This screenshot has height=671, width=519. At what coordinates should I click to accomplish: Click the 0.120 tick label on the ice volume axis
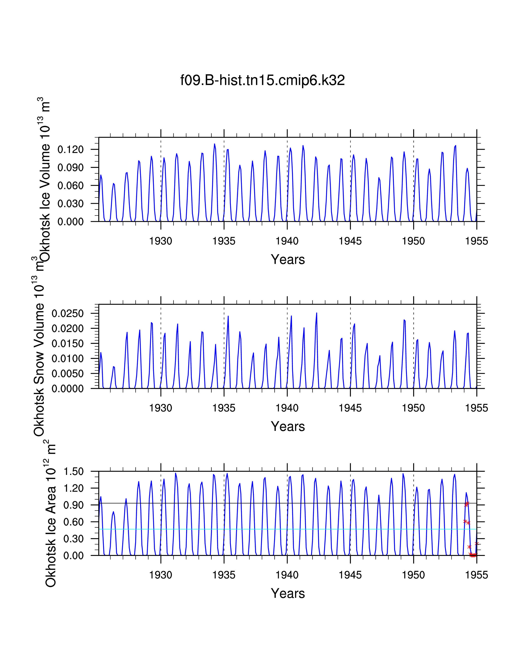click(x=70, y=150)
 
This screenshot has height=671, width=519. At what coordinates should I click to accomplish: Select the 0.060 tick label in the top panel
click(x=70, y=186)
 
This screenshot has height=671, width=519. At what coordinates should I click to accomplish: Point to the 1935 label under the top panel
click(x=224, y=241)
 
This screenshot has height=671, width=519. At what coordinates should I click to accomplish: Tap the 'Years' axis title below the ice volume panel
click(x=288, y=260)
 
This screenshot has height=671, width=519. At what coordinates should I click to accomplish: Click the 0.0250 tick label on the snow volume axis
click(x=68, y=314)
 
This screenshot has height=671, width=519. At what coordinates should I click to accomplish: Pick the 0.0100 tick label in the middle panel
click(x=68, y=358)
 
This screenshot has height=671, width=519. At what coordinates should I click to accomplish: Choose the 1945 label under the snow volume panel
click(x=350, y=408)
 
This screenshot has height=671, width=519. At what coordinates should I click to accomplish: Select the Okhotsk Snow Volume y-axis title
click(x=39, y=347)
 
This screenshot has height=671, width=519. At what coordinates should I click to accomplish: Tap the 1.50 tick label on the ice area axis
click(x=73, y=472)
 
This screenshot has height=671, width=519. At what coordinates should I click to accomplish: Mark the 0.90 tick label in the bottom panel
click(x=73, y=505)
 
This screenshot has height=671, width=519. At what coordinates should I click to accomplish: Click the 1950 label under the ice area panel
click(x=414, y=575)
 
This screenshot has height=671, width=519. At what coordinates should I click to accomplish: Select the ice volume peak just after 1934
click(x=215, y=144)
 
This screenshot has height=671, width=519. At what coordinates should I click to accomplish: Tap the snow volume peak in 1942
click(x=317, y=313)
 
